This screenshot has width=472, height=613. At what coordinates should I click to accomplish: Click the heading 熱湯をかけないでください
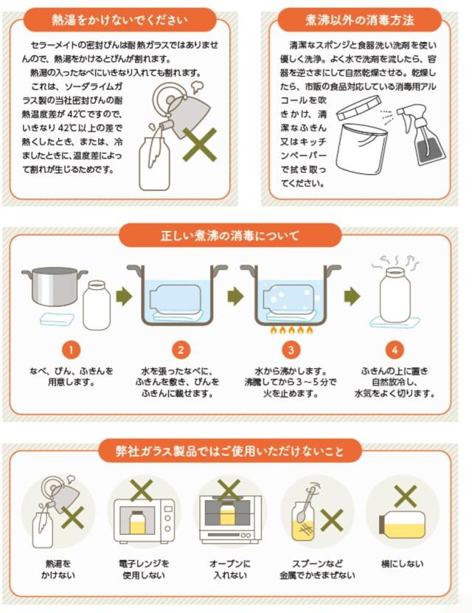point(119,20)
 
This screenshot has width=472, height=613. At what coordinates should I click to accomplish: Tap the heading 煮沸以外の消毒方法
point(359,20)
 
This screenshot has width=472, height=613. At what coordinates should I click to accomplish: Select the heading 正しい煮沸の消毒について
point(230,235)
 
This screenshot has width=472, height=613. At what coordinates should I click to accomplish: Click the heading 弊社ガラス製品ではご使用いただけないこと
point(230,451)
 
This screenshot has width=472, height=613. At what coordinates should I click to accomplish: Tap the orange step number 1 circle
point(71,350)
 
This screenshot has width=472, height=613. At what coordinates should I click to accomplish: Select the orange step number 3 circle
point(291,350)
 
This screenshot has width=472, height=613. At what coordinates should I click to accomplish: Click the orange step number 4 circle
point(395,350)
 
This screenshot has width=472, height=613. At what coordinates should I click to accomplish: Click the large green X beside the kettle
point(200,145)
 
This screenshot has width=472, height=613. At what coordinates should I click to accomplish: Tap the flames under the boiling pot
point(291,330)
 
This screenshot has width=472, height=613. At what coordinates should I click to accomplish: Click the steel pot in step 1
point(54,285)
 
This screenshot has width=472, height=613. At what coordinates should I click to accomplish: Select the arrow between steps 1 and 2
point(124,297)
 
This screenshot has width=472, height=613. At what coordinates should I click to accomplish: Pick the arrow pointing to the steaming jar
point(352,297)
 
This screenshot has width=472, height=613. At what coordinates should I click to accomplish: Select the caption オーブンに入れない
point(230,569)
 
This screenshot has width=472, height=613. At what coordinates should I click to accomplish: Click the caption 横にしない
point(402,564)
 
